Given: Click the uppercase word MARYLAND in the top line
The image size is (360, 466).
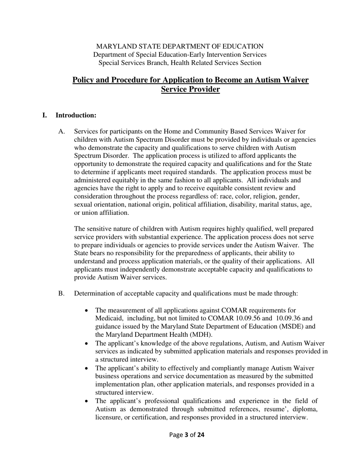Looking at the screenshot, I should (113, 46).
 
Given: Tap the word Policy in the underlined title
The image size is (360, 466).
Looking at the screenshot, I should (84, 80).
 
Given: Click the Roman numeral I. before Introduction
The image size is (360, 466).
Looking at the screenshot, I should (45, 115).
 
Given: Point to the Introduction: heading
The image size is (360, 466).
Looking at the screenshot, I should (76, 115).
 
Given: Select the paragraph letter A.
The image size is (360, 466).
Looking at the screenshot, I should (62, 131).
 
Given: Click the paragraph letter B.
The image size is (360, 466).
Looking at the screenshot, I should (62, 293).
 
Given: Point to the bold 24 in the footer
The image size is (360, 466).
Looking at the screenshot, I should (200, 435).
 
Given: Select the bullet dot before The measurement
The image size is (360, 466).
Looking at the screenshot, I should (87, 310).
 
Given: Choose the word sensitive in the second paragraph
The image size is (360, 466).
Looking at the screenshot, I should (99, 228).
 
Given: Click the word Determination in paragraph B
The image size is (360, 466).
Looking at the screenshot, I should (95, 293).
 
